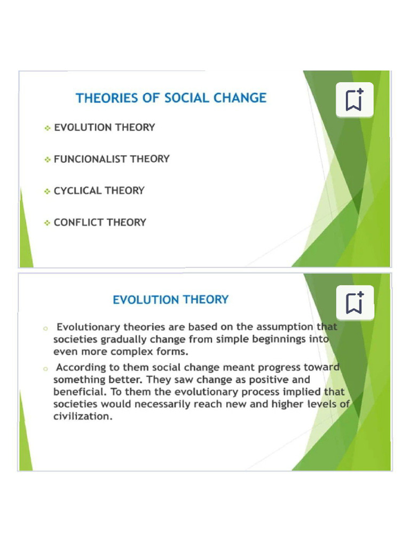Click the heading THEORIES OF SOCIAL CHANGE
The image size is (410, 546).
click(171, 98)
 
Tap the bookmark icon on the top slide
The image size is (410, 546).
click(354, 100)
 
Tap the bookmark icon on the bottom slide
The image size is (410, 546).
click(354, 302)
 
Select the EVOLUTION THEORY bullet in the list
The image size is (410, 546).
click(105, 127)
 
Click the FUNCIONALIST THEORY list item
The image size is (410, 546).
click(112, 159)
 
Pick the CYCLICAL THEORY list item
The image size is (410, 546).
click(99, 191)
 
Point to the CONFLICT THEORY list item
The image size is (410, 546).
click(100, 222)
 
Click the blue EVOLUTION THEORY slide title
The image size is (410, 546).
click(170, 300)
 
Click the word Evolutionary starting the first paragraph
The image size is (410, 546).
click(88, 327)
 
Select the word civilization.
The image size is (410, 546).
click(82, 416)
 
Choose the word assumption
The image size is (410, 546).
click(285, 327)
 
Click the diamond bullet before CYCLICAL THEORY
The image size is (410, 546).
click(48, 191)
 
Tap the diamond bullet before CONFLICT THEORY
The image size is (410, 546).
click(48, 222)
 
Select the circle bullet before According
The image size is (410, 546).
click(46, 368)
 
